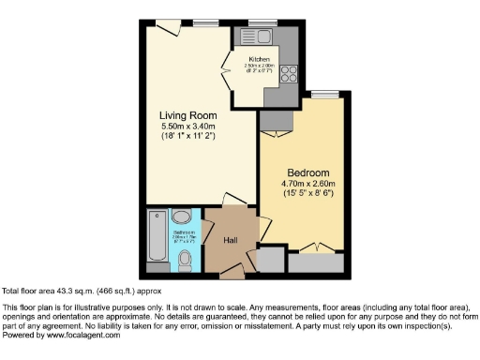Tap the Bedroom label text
[x=307, y=173]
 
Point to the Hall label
[x=230, y=240]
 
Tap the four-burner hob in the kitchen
[x=287, y=70]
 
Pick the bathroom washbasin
[x=182, y=217]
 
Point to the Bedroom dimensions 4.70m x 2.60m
[x=308, y=186]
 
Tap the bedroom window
[x=324, y=93]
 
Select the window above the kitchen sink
[x=262, y=22]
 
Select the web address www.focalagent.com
[x=81, y=335]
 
